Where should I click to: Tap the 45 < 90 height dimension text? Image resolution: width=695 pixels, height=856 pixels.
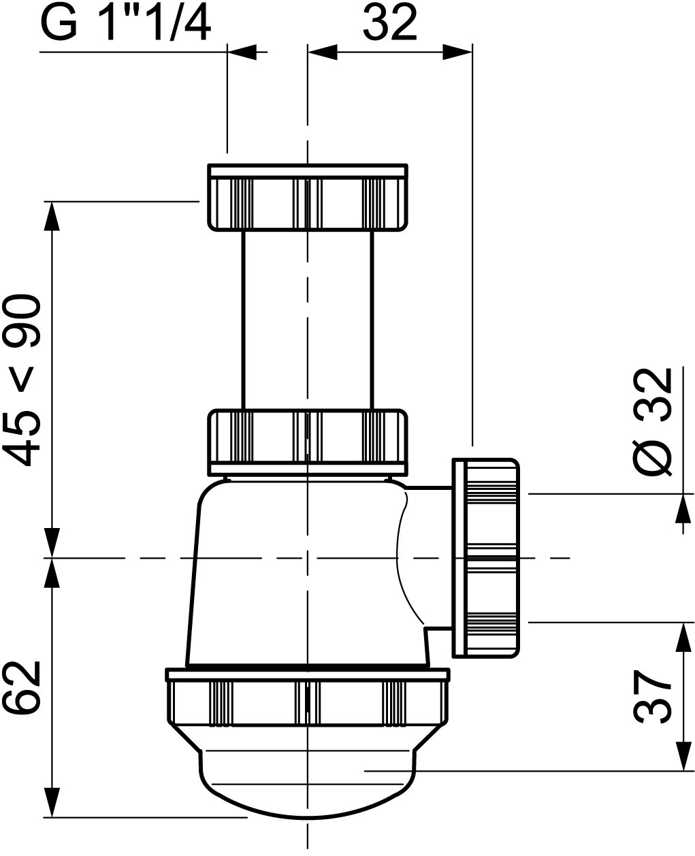pyautogui.click(x=22, y=380)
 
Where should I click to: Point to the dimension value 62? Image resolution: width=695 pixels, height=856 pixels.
pyautogui.click(x=22, y=687)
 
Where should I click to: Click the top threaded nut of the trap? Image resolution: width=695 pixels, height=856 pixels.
pyautogui.click(x=308, y=197)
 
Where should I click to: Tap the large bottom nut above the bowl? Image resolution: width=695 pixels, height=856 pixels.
pyautogui.click(x=308, y=701)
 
